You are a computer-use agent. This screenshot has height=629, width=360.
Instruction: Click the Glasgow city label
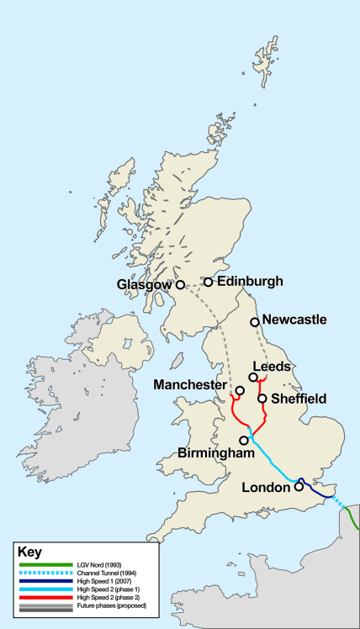pos(145,286)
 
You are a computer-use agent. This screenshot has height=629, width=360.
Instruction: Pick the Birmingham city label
pos(216,453)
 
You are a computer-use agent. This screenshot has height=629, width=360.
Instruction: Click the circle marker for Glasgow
pos(179,285)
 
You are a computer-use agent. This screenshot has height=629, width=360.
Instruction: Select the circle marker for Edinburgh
pos(208,282)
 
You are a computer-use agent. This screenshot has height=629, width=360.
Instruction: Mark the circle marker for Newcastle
pos(254,321)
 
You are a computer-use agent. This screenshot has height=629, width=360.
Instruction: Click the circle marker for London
pos(299,486)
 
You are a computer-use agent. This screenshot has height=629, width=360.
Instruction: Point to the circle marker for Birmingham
pos(244,440)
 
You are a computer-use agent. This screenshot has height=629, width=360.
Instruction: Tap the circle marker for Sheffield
pos(262,399)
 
